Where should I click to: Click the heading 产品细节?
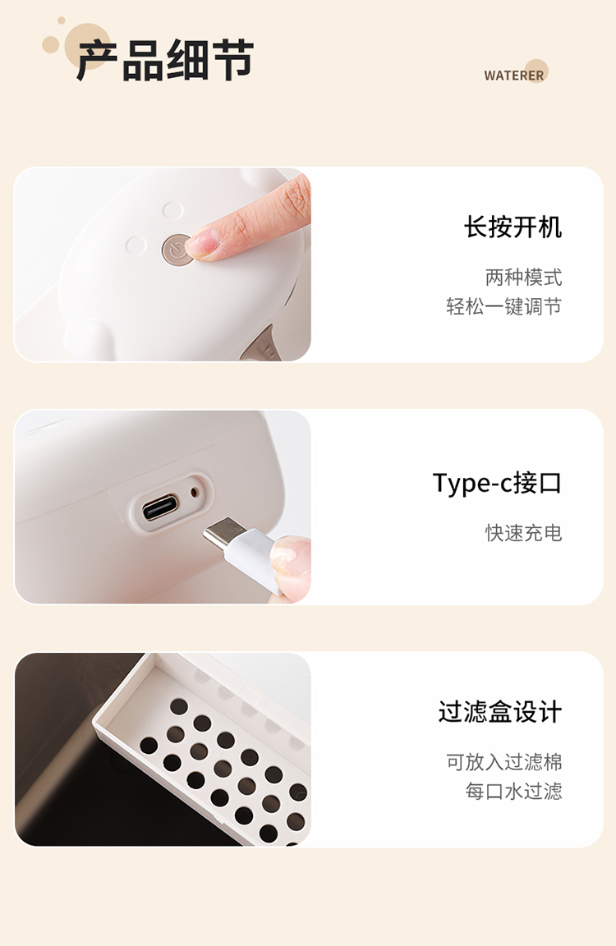[165, 60]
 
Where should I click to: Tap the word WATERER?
[513, 76]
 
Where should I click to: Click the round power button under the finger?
[176, 249]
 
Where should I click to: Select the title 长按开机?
[513, 227]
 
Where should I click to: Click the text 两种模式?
[524, 278]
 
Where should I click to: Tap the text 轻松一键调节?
[503, 306]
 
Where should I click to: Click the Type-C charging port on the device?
[160, 507]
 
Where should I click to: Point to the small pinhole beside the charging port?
[195, 492]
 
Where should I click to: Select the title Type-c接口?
[497, 483]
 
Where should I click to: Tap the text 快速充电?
[524, 533]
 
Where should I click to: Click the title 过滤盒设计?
[500, 712]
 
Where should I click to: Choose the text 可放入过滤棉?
[503, 762]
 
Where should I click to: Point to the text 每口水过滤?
[513, 791]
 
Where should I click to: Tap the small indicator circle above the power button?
[172, 210]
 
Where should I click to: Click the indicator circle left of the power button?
[136, 246]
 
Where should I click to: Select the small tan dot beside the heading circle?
[61, 21]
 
